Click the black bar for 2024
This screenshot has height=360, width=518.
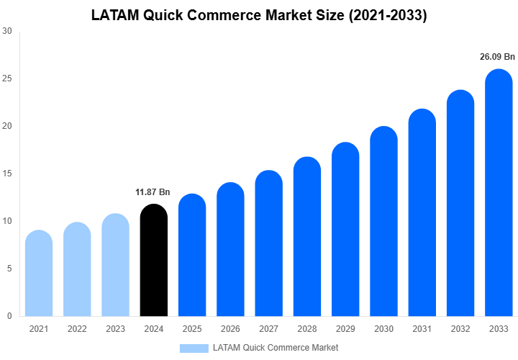(x=153, y=261)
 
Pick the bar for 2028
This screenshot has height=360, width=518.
(x=307, y=237)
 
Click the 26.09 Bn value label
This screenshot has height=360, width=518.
(x=498, y=57)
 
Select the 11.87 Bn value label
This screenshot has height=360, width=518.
(x=153, y=192)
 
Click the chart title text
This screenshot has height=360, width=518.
(x=259, y=15)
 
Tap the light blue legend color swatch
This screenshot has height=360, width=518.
(x=194, y=348)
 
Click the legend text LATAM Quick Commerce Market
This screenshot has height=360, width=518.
(x=275, y=348)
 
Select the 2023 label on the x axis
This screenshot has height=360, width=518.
(x=115, y=329)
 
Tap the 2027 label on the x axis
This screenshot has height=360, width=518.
(x=268, y=329)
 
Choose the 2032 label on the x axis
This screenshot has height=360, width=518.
(x=460, y=329)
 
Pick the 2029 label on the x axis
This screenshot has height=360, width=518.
(x=345, y=329)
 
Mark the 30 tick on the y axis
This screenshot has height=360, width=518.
(x=6, y=31)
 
